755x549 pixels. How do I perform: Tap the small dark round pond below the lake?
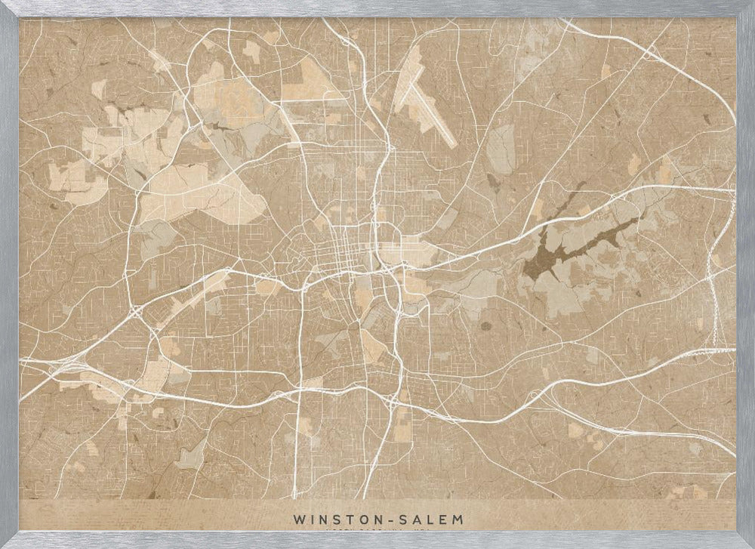click(x=485, y=327)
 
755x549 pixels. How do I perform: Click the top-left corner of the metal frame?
click(x=9, y=8)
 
